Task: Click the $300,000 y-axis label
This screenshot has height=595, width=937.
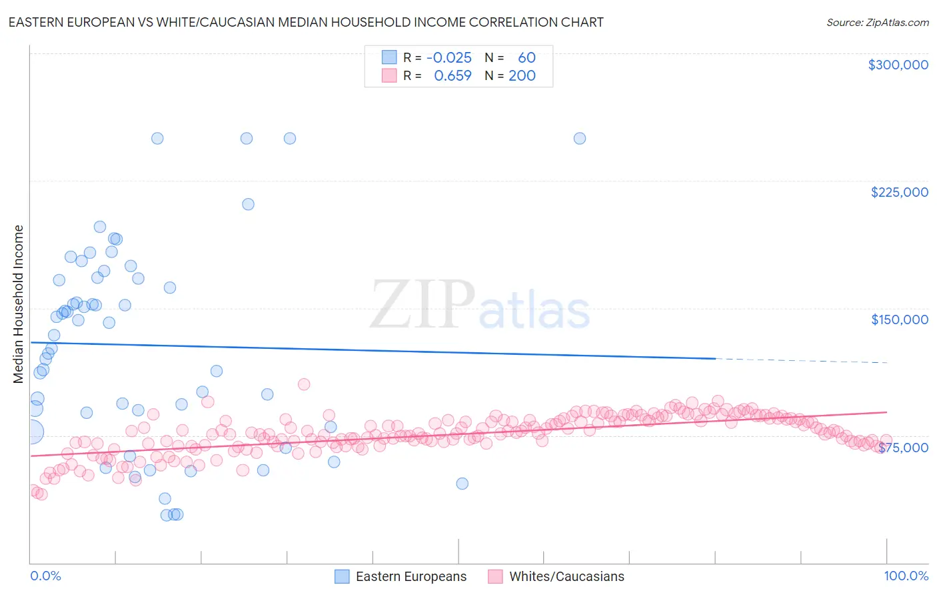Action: [x=898, y=65]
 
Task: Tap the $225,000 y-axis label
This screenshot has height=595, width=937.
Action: [x=899, y=192]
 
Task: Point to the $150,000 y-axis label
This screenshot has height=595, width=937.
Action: [x=899, y=320]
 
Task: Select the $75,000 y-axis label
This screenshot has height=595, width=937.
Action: [x=903, y=448]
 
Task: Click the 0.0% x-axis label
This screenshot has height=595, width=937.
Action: [x=45, y=576]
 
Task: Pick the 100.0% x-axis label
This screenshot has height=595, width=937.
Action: [x=906, y=576]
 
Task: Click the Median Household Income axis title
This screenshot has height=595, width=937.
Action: [x=19, y=304]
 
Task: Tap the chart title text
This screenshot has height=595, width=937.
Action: [x=306, y=22]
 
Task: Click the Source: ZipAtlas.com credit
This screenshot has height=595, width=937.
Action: [x=877, y=23]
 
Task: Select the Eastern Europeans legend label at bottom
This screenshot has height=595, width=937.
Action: [x=411, y=576]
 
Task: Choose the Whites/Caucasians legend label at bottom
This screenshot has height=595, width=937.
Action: [x=566, y=576]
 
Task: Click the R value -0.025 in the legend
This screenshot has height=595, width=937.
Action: [x=449, y=58]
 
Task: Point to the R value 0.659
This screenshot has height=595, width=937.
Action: [x=453, y=76]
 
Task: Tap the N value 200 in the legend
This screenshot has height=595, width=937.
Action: [x=522, y=76]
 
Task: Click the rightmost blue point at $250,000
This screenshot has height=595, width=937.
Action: [x=580, y=139]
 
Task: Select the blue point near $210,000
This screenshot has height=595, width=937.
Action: [x=248, y=204]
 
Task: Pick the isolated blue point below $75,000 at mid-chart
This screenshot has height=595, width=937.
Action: [x=462, y=484]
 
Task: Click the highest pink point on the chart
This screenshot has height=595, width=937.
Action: [x=304, y=384]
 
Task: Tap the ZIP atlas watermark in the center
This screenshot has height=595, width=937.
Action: [x=480, y=306]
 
